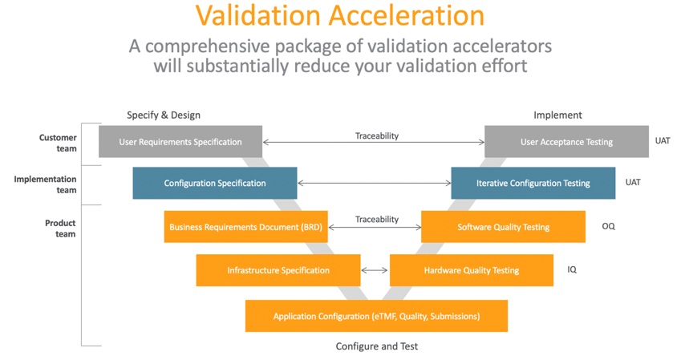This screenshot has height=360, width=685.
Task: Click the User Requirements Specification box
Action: pyautogui.click(x=180, y=142)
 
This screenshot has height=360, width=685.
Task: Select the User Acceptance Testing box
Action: pyautogui.click(x=566, y=142)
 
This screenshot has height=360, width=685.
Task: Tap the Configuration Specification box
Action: pyautogui.click(x=215, y=183)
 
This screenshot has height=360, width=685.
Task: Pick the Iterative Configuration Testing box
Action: pyautogui.click(x=533, y=183)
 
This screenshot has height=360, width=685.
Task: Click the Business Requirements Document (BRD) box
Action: pyautogui.click(x=246, y=227)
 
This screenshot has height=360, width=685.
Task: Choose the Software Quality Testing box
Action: pyautogui.click(x=503, y=227)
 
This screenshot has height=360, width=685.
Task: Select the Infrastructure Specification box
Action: pyautogui.click(x=278, y=270)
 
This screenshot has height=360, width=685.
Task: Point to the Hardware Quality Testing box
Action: pyautogui.click(x=472, y=270)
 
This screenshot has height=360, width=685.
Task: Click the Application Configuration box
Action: pyautogui.click(x=376, y=316)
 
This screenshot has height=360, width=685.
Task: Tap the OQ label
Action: pyautogui.click(x=609, y=226)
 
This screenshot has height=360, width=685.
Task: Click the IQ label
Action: pyautogui.click(x=572, y=269)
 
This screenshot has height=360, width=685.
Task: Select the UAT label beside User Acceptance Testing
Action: pyautogui.click(x=663, y=140)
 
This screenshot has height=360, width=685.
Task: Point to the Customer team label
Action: pyautogui.click(x=58, y=143)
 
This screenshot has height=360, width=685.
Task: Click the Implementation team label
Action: pyautogui.click(x=45, y=184)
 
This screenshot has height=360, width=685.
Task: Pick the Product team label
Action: pyautogui.click(x=60, y=228)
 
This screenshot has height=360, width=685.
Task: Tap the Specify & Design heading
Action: pyautogui.click(x=164, y=115)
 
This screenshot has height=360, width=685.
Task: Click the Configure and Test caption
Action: pyautogui.click(x=376, y=346)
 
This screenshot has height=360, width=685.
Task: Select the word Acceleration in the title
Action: pyautogui.click(x=407, y=16)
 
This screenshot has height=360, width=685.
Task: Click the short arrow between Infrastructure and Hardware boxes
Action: pyautogui.click(x=375, y=270)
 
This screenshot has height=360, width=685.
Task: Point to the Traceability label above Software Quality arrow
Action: pyautogui.click(x=376, y=220)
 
